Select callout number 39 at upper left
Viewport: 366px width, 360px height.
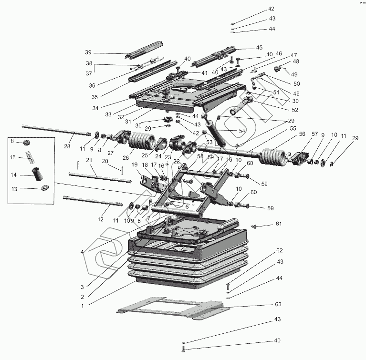pos(88,52)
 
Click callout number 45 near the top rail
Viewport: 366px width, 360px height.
pos(259,48)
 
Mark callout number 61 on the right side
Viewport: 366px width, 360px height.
pos(279,224)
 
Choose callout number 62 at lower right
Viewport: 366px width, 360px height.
pos(280,250)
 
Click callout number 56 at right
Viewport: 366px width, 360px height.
pos(288,134)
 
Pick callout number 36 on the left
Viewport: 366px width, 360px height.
pos(93,85)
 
